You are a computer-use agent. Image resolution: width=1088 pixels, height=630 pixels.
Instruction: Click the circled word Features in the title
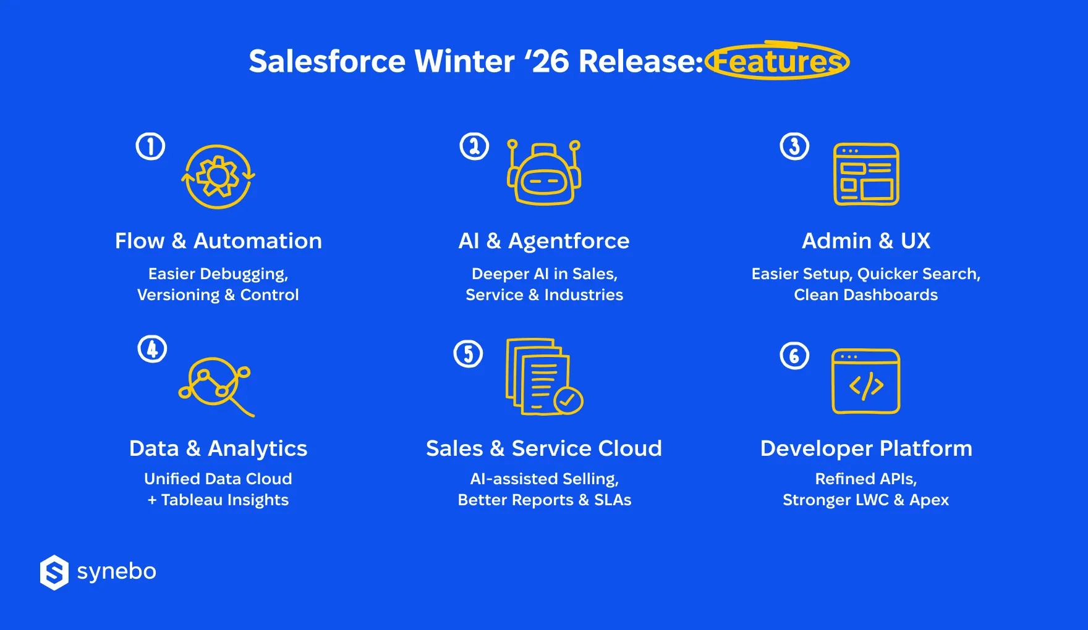(778, 61)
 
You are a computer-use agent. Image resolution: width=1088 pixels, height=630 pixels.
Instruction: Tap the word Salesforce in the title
(327, 61)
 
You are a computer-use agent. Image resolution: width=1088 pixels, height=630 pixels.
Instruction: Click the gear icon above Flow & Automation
(218, 177)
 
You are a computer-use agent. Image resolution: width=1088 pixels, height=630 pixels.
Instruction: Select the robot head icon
(544, 172)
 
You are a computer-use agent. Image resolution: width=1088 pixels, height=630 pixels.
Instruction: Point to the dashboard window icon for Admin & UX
(866, 174)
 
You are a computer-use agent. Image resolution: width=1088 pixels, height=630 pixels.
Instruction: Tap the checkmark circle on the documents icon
(568, 400)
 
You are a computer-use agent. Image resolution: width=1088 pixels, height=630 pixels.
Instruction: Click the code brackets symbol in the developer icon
(866, 385)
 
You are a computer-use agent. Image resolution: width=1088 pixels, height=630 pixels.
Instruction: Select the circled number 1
(150, 146)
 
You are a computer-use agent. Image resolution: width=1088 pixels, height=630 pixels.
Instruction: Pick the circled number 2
(474, 146)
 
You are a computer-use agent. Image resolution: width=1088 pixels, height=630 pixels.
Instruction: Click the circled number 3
(794, 146)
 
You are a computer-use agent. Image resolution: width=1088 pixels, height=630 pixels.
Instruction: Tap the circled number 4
(152, 349)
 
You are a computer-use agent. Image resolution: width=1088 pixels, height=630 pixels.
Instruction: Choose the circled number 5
(468, 354)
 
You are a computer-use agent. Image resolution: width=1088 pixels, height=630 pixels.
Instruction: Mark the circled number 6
(794, 356)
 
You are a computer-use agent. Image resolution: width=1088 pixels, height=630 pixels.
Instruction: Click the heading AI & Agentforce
(544, 241)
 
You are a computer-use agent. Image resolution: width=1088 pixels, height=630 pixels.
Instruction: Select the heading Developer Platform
(866, 448)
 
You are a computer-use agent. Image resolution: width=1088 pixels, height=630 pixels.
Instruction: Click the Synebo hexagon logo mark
(54, 573)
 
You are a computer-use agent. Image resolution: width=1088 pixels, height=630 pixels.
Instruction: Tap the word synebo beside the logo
(117, 572)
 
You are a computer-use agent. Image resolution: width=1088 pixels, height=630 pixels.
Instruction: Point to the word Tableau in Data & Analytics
(190, 500)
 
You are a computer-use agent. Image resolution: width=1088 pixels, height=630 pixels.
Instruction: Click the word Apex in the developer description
(929, 500)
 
